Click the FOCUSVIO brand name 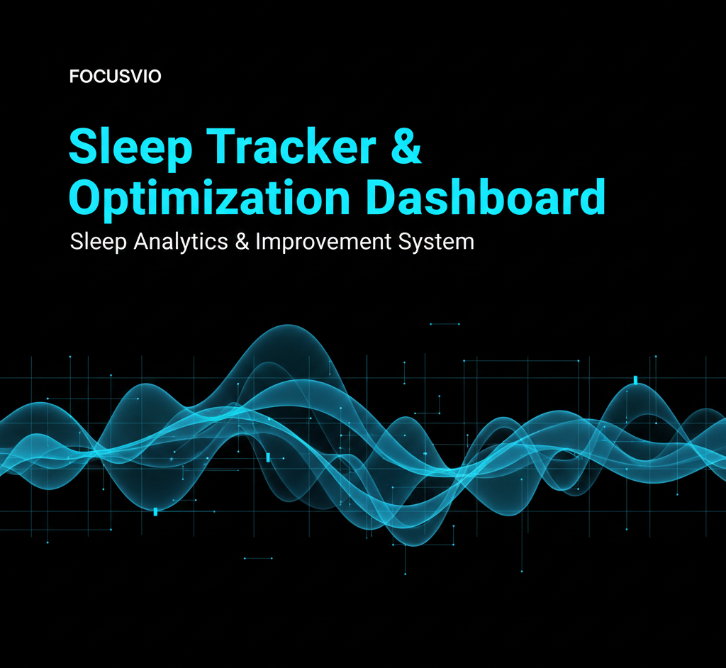pyautogui.click(x=116, y=77)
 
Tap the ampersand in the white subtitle pyautogui.click(x=242, y=242)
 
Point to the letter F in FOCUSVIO pyautogui.click(x=74, y=77)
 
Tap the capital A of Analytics pyautogui.click(x=140, y=241)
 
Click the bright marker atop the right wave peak pyautogui.click(x=636, y=380)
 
